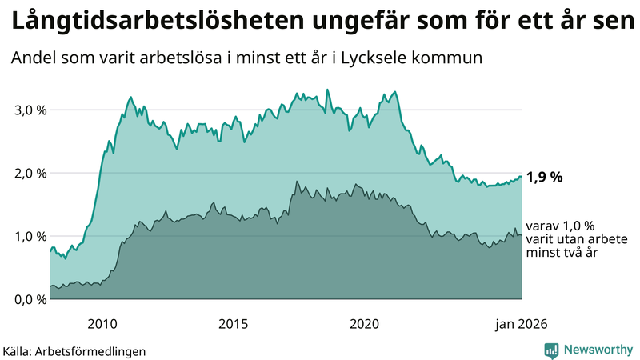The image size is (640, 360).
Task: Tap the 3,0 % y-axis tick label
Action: (x=30, y=110)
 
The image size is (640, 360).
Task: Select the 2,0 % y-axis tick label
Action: (x=30, y=173)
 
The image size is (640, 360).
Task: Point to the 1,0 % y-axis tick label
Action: (x=30, y=236)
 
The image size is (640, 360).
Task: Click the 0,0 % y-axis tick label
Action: (x=30, y=299)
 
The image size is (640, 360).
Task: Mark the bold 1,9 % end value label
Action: (x=546, y=178)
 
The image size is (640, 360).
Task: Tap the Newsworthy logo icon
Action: (x=551, y=350)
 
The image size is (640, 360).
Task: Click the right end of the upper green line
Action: (x=522, y=176)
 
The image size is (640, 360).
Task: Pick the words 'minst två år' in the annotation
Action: (x=562, y=252)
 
